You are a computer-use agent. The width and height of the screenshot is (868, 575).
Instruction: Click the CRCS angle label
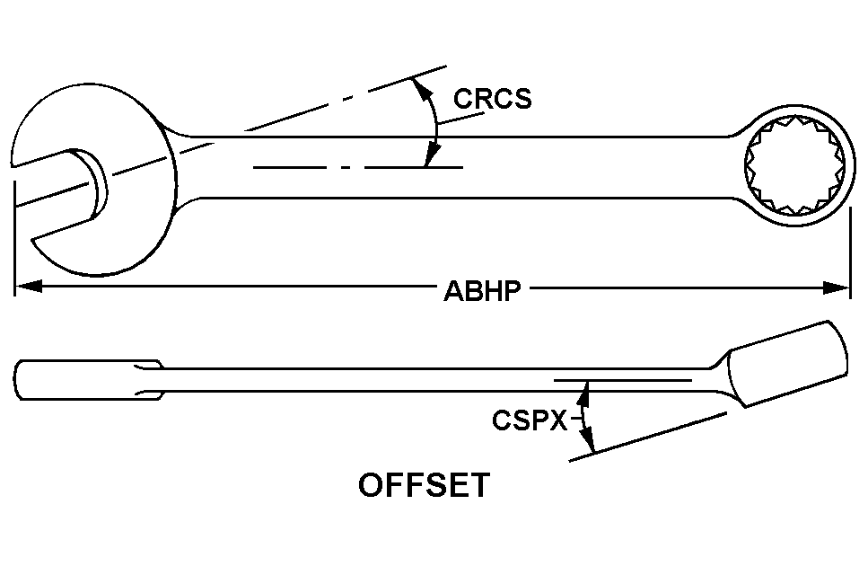[492, 98]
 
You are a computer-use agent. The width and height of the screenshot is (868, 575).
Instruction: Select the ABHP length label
[483, 291]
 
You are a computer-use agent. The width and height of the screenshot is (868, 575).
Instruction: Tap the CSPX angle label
[529, 420]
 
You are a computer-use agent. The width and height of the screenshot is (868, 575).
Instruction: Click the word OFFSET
[425, 485]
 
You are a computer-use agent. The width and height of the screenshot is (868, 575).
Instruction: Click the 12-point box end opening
[794, 166]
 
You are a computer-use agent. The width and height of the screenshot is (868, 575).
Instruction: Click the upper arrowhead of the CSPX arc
[586, 388]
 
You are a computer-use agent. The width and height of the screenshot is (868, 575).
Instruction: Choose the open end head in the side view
[85, 380]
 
